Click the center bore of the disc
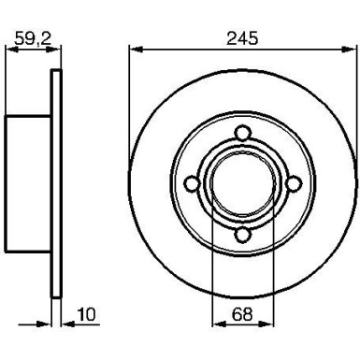pyautogui.click(x=240, y=183)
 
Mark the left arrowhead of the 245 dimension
pyautogui.click(x=132, y=49)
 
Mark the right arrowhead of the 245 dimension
pyautogui.click(x=349, y=49)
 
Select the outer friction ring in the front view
pyautogui.click(x=150, y=183)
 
